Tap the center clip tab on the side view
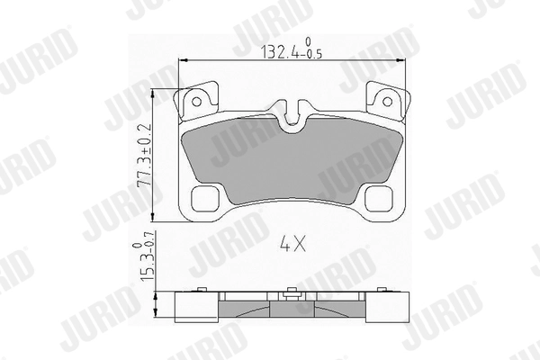(x=291, y=293)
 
